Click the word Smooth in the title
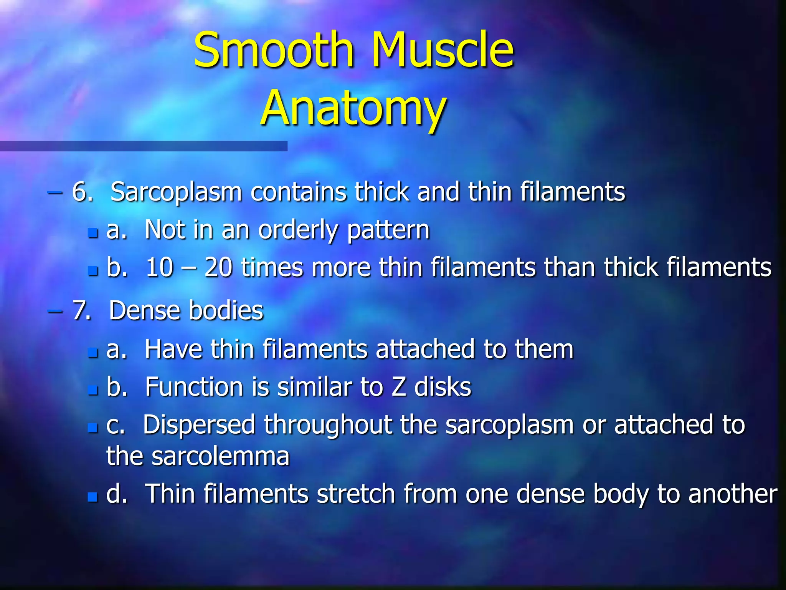pyautogui.click(x=273, y=50)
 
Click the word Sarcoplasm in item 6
pyautogui.click(x=176, y=192)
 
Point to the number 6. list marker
pyautogui.click(x=82, y=192)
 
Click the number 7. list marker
pyautogui.click(x=82, y=310)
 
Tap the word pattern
pyautogui.click(x=388, y=230)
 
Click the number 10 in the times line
pyautogui.click(x=159, y=267)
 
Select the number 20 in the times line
pyautogui.click(x=218, y=267)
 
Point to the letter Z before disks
pyautogui.click(x=398, y=387)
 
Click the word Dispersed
pyautogui.click(x=199, y=425)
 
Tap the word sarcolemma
pyautogui.click(x=220, y=456)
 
